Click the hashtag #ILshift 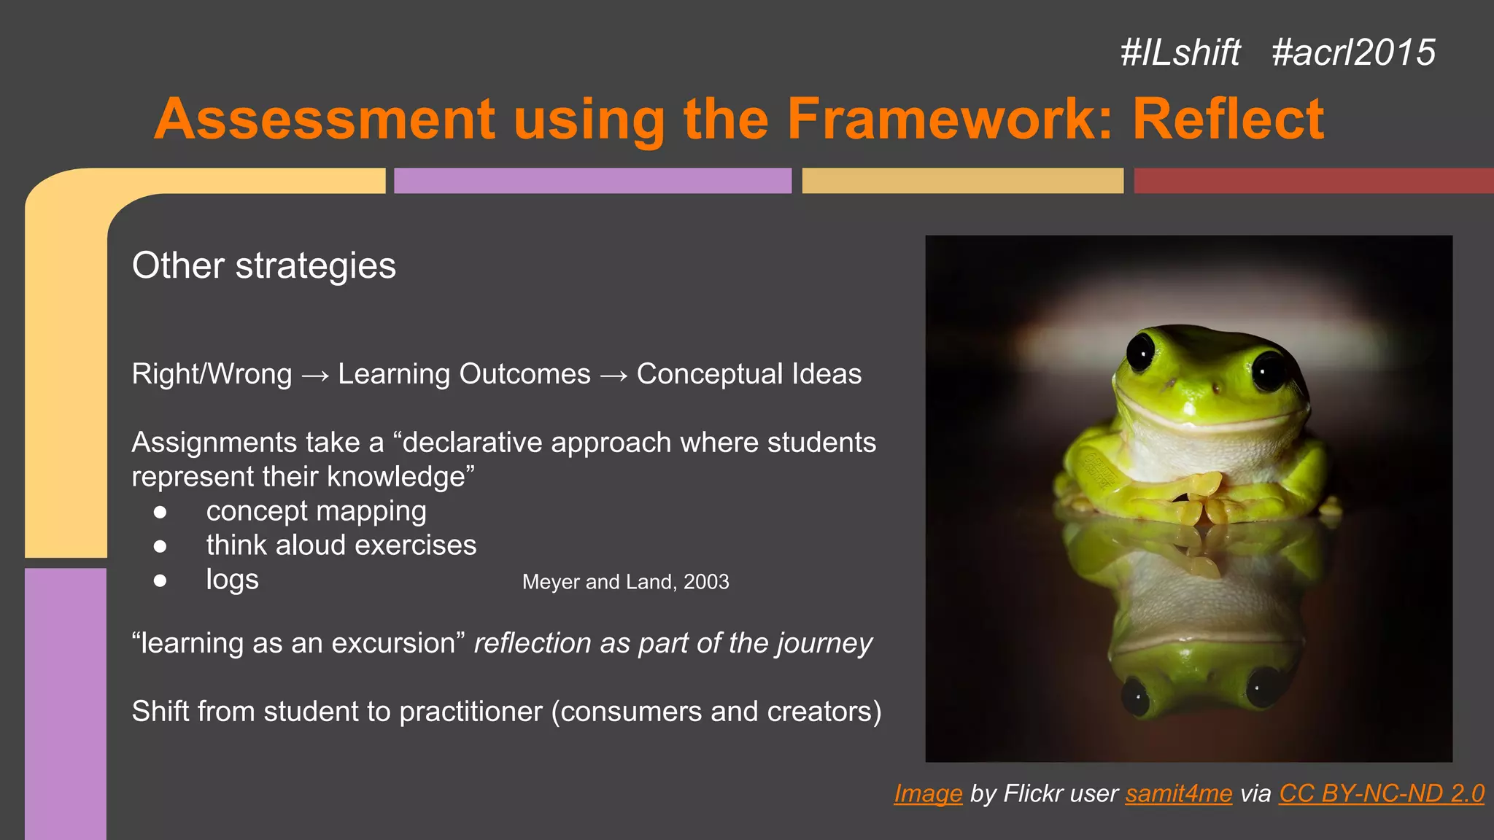pyautogui.click(x=1180, y=52)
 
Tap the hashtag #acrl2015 pyautogui.click(x=1353, y=52)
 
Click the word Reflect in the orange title pyautogui.click(x=1228, y=119)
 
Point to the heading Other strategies pyautogui.click(x=263, y=265)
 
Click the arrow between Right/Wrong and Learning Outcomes pyautogui.click(x=315, y=376)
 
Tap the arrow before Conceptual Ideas pyautogui.click(x=614, y=376)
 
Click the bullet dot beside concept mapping pyautogui.click(x=160, y=512)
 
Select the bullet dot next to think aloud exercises pyautogui.click(x=160, y=546)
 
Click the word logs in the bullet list pyautogui.click(x=232, y=580)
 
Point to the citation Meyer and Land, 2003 pyautogui.click(x=625, y=582)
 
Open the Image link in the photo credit pyautogui.click(x=928, y=793)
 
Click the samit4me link pyautogui.click(x=1178, y=793)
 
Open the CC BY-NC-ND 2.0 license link pyautogui.click(x=1381, y=793)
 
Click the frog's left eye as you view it pyautogui.click(x=1140, y=351)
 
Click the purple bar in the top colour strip pyautogui.click(x=592, y=181)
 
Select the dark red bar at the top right pyautogui.click(x=1313, y=181)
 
